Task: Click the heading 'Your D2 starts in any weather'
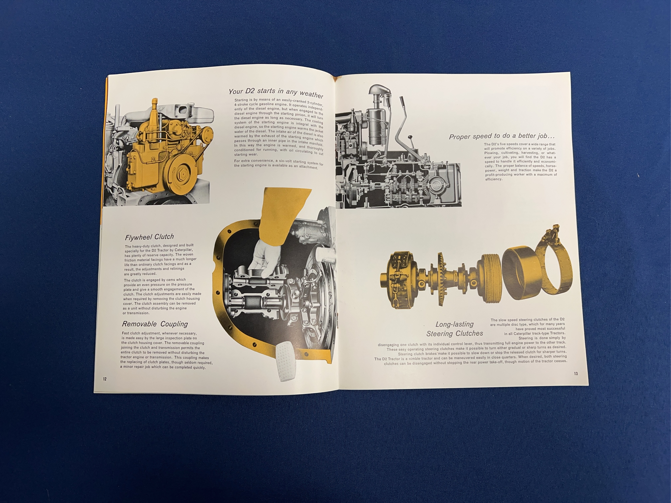click(276, 93)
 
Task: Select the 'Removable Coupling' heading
click(155, 324)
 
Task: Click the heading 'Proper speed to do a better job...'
click(504, 136)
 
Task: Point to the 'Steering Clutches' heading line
click(455, 333)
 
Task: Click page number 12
click(105, 379)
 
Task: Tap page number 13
click(576, 373)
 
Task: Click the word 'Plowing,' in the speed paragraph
click(492, 153)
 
